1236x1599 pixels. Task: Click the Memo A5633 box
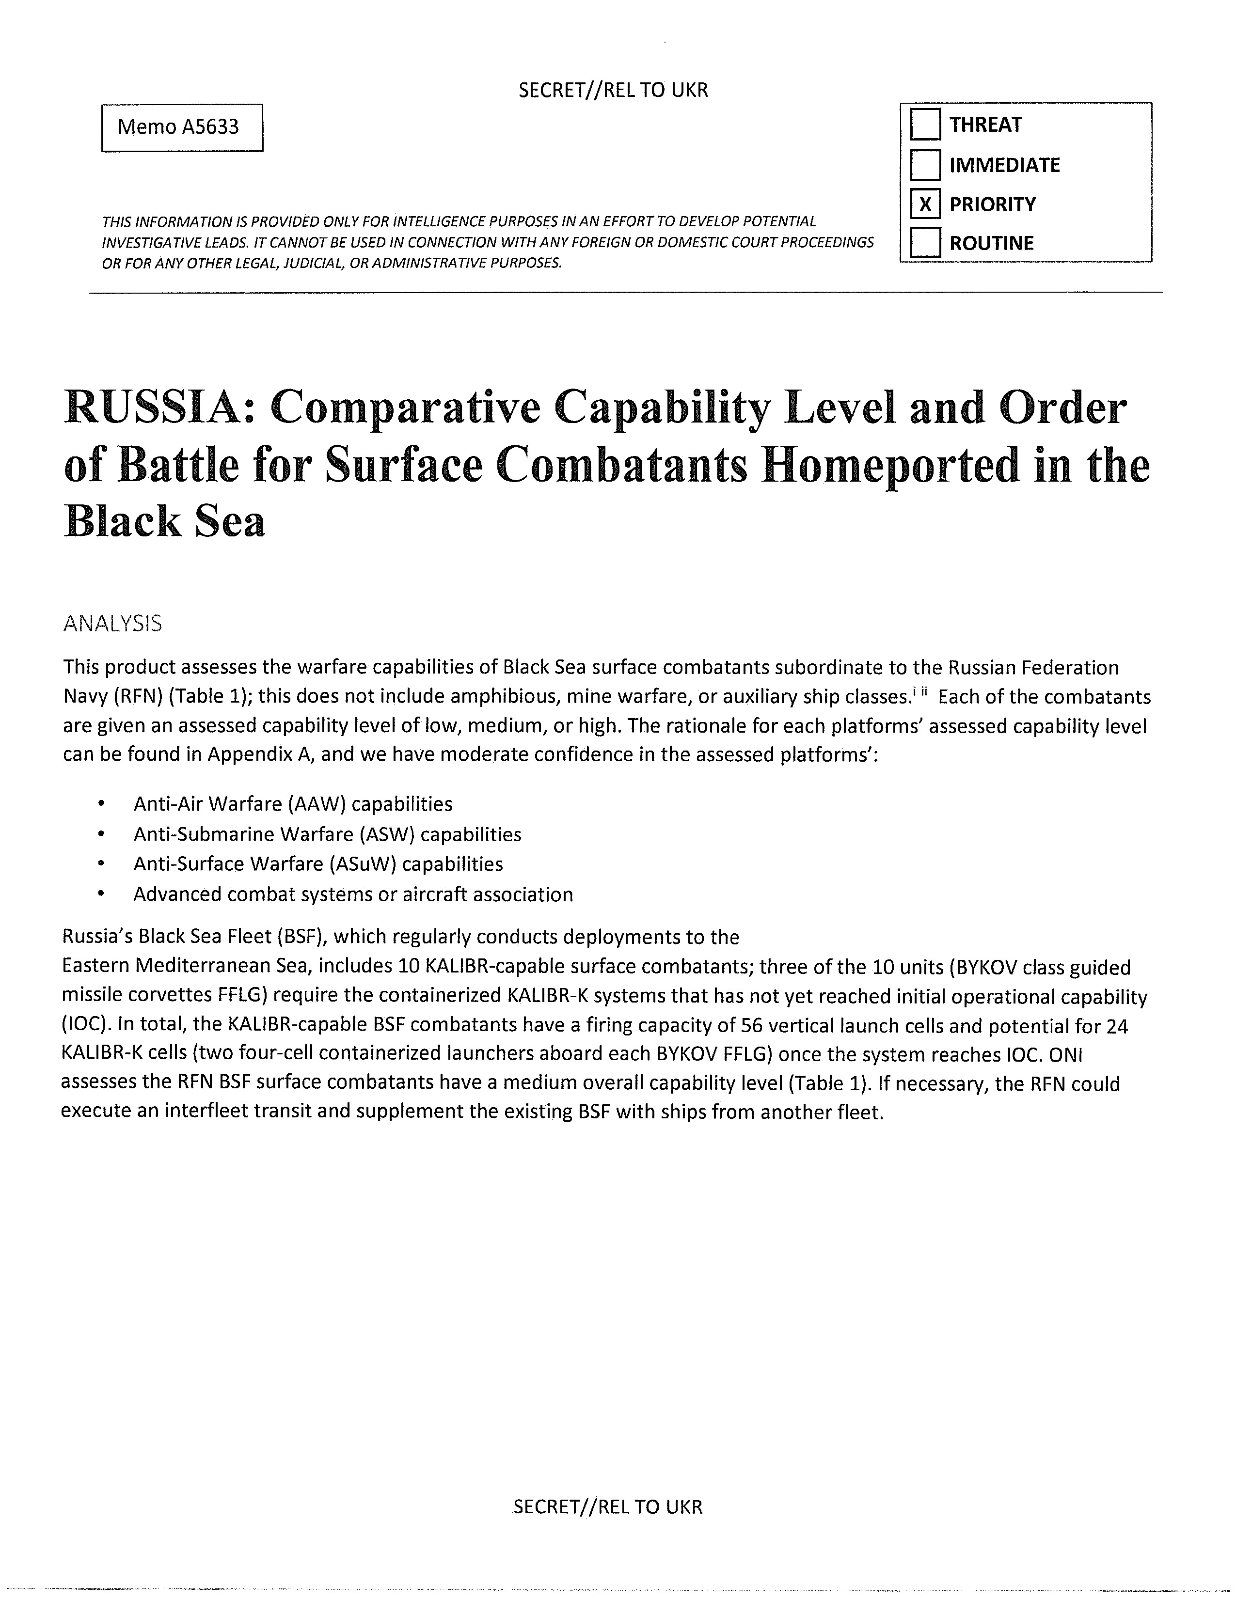pyautogui.click(x=182, y=127)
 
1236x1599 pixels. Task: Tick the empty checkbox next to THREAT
pyautogui.click(x=925, y=125)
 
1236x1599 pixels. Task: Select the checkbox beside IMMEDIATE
pyautogui.click(x=925, y=165)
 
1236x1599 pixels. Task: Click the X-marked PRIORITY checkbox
pyautogui.click(x=925, y=204)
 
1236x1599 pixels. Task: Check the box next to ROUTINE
pyautogui.click(x=925, y=243)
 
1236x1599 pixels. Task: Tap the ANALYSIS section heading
pyautogui.click(x=112, y=623)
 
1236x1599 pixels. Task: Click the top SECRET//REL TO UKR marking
pyautogui.click(x=613, y=90)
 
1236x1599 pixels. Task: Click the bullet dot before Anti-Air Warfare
pyautogui.click(x=99, y=805)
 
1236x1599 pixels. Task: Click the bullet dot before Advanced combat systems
pyautogui.click(x=99, y=894)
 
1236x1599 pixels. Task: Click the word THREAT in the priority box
pyautogui.click(x=985, y=125)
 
